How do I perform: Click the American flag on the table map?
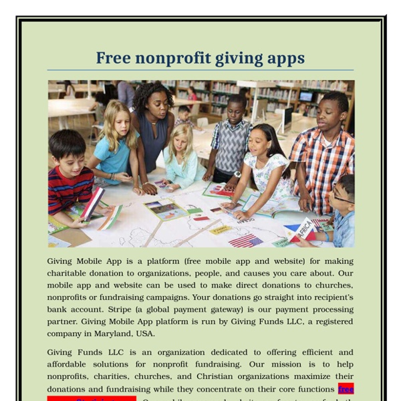tap(245, 240)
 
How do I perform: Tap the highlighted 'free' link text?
tap(346, 388)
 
